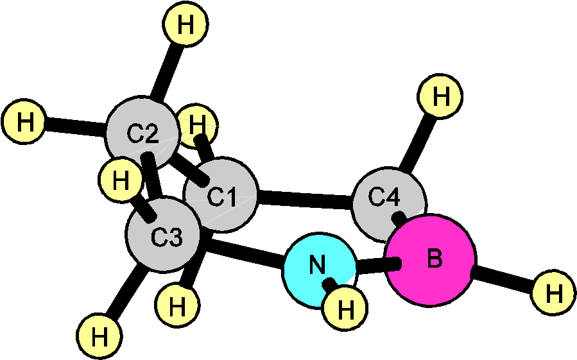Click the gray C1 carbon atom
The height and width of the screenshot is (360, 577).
pos(221,195)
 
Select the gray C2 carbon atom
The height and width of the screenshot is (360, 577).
pos(142,133)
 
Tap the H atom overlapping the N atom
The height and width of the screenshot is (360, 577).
pos(345,309)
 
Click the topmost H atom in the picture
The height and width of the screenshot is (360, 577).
pos(185,25)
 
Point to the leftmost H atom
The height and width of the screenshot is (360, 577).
pos(24,121)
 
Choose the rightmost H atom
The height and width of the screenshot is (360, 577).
pos(553,293)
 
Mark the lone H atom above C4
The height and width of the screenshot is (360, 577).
pos(440,96)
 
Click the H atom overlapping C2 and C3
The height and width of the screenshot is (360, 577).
pos(121,180)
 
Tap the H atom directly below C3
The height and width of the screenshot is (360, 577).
pos(177,306)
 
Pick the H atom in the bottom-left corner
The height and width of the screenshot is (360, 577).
pos(99,336)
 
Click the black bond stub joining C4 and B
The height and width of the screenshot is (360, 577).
pos(399,219)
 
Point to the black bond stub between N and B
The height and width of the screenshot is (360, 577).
pos(393,264)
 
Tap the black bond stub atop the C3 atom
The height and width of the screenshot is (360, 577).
pos(147,209)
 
